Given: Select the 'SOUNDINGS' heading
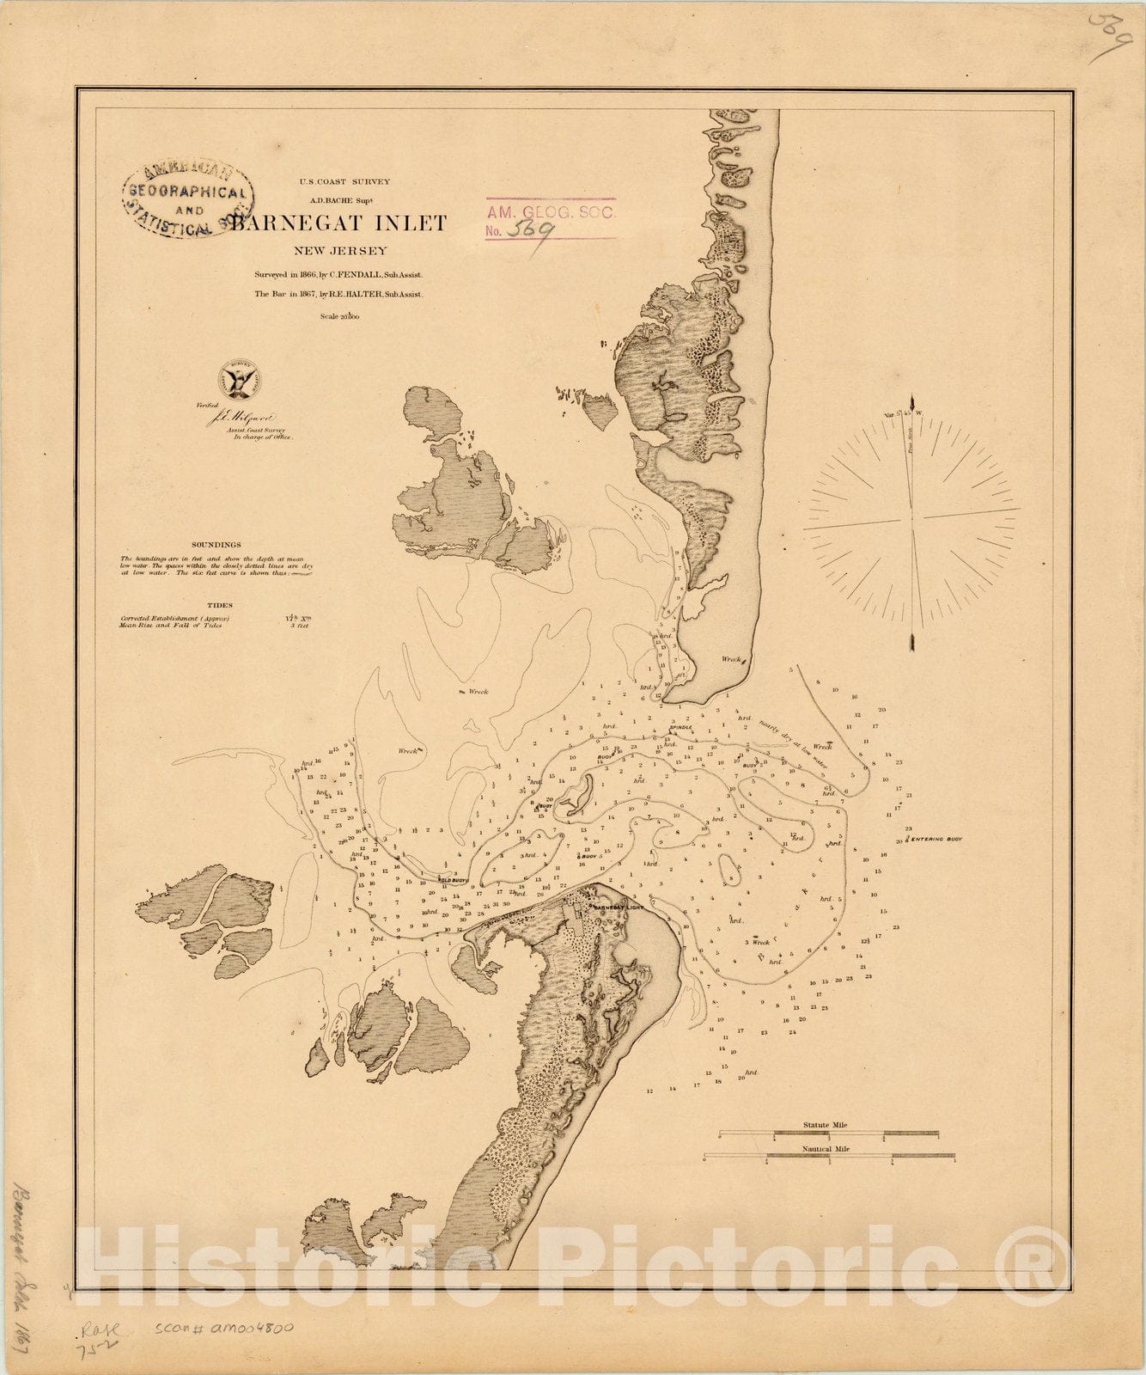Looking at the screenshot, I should [x=216, y=545].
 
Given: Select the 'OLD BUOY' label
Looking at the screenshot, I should [x=453, y=880].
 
